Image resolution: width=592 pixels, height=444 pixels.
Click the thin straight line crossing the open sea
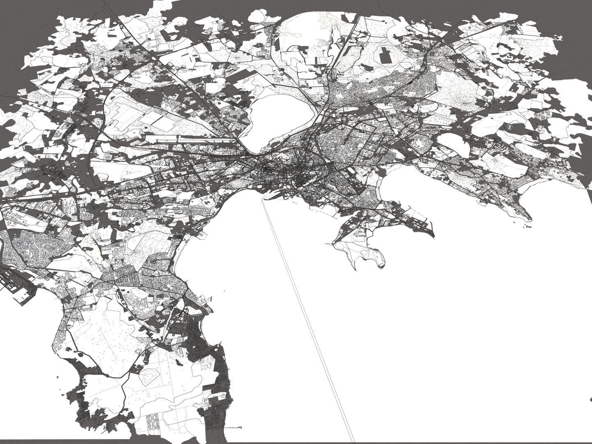click(x=308, y=321)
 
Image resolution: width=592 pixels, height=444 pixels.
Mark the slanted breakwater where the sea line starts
click(x=266, y=197)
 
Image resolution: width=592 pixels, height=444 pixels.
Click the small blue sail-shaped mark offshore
click(x=211, y=299)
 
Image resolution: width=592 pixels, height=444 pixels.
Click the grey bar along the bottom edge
click(x=288, y=442)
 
